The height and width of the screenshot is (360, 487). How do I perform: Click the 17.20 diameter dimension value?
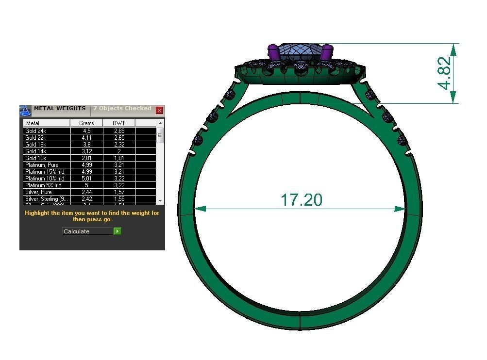[301, 199]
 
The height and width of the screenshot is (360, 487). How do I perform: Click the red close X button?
[159, 110]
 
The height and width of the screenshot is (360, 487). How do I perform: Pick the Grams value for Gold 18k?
[86, 145]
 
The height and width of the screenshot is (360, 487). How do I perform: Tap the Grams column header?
[86, 123]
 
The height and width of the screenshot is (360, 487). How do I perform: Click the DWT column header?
[118, 123]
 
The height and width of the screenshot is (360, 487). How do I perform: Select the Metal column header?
[33, 123]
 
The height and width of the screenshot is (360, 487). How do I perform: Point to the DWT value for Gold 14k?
[118, 151]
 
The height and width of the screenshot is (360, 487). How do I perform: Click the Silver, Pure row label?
[38, 192]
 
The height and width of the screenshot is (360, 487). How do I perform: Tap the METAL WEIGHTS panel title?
[60, 109]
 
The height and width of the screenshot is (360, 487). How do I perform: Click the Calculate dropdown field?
[88, 231]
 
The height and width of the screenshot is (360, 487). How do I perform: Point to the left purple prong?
[274, 52]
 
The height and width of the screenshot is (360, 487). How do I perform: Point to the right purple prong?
[327, 52]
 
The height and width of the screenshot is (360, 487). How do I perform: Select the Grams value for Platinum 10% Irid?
[86, 179]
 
